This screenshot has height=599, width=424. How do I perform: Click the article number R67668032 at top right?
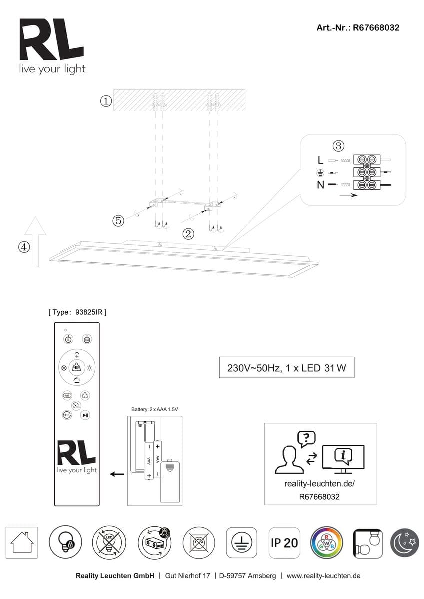coord(358,28)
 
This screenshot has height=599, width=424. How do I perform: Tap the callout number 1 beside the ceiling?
coord(105,101)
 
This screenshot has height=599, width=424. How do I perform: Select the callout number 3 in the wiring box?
coord(339,146)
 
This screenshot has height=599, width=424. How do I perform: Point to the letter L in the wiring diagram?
coord(320,161)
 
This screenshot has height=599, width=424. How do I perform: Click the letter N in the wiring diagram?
coord(320,185)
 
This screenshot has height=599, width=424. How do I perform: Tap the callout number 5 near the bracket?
coord(118,221)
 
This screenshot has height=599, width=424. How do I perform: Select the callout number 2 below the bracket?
coord(188,233)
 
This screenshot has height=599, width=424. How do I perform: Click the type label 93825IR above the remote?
coord(77,312)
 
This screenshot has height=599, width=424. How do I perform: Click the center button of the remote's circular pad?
coord(77,368)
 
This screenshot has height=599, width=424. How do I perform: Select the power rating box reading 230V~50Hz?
coord(287,369)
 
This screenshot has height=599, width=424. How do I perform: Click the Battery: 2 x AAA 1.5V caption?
coord(155,409)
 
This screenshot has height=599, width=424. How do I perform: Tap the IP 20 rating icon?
coord(284,543)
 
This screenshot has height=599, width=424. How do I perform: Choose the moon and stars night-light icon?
coord(406,543)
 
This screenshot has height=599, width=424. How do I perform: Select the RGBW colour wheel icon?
coord(326,543)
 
